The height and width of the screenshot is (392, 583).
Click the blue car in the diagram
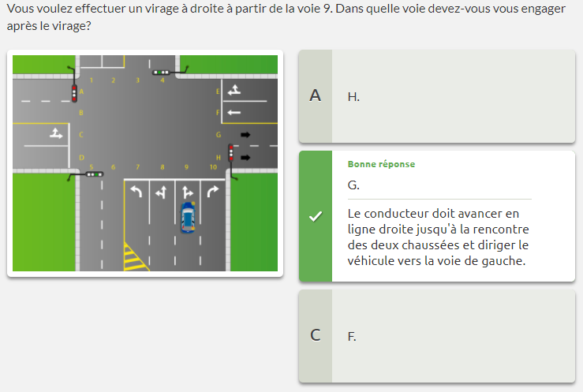188,218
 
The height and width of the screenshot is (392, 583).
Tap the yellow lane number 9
186,167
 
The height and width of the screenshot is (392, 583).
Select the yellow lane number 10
213,167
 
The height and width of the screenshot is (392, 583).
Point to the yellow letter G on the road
219,135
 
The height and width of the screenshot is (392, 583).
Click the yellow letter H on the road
219,158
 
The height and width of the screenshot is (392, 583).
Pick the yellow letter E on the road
218,91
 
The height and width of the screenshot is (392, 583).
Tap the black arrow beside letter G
245,135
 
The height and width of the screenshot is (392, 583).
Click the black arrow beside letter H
245,158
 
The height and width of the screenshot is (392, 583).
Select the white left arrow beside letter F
234,112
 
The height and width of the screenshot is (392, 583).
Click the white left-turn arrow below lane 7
136,192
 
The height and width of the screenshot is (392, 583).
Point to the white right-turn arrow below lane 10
213,192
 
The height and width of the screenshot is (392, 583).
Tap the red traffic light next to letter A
74,93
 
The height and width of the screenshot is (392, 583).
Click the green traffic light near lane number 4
161,73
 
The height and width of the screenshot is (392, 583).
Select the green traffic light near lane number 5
95,174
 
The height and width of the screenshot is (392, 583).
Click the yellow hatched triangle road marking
135,258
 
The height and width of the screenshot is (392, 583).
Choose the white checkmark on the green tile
316,216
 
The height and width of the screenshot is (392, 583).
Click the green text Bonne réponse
381,164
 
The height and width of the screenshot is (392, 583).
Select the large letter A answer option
316,96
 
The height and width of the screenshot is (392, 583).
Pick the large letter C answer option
316,335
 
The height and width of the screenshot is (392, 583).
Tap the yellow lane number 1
91,80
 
